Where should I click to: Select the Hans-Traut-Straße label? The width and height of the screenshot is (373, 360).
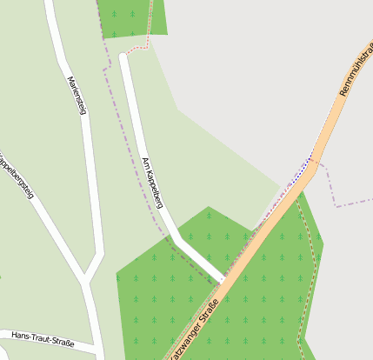click(43, 339)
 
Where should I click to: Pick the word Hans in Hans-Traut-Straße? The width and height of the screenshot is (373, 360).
click(21, 335)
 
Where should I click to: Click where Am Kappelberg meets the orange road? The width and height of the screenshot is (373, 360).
click(223, 280)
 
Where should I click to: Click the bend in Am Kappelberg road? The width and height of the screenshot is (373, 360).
click(177, 237)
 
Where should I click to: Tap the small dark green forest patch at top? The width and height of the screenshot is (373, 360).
click(130, 17)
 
